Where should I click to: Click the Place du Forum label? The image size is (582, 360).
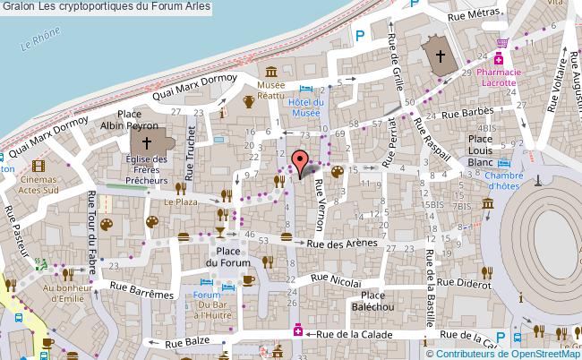point(227,256)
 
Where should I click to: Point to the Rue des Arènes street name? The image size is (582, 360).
point(339,244)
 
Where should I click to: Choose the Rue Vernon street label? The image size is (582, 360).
point(320,196)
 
